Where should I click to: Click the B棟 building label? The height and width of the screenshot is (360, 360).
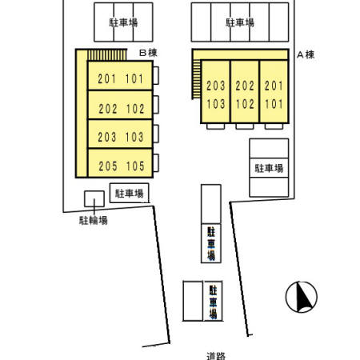click(147, 53)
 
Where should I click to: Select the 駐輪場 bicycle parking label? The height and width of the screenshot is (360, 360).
click(94, 220)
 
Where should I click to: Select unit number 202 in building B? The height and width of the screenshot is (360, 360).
click(108, 109)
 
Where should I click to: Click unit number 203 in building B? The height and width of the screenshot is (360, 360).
click(108, 137)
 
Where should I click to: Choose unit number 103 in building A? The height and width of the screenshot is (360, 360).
click(215, 103)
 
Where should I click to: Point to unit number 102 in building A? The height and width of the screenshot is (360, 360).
click(245, 103)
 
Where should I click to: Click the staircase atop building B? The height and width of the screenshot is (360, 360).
click(106, 55)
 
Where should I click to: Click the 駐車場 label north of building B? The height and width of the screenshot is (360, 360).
click(123, 23)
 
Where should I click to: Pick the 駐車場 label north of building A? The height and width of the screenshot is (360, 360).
click(240, 23)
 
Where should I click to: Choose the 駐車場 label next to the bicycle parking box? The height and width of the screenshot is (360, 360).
click(129, 193)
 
